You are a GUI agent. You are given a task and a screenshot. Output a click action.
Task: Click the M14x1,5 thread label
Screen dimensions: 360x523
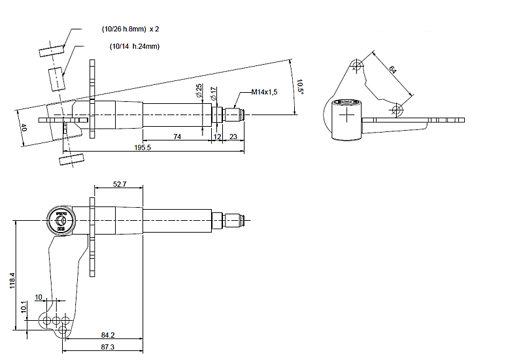(x=264, y=92)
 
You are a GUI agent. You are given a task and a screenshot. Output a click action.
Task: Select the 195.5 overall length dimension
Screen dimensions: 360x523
(x=143, y=148)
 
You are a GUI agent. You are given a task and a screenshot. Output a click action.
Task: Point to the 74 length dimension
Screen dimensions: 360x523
(x=177, y=136)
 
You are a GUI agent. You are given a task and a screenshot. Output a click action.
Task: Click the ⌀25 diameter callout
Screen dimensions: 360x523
(x=199, y=91)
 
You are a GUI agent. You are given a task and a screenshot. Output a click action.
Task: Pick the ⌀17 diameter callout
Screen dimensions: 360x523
(x=214, y=93)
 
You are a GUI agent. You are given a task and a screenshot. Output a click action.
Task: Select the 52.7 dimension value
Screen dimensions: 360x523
(x=119, y=184)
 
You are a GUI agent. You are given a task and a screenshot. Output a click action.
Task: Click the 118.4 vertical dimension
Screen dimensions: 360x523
(x=12, y=282)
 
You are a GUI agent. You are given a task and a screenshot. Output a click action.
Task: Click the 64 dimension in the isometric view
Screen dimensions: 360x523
(x=392, y=69)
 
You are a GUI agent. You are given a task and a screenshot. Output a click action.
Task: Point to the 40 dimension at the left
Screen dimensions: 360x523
(x=24, y=127)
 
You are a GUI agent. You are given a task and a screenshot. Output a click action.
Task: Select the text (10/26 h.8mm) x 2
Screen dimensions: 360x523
(x=131, y=29)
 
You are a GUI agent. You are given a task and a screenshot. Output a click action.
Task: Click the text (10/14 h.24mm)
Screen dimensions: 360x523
(x=135, y=46)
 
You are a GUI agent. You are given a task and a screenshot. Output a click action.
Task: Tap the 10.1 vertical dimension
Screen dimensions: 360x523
(x=24, y=306)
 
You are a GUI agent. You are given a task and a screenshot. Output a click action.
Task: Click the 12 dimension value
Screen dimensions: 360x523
(x=217, y=136)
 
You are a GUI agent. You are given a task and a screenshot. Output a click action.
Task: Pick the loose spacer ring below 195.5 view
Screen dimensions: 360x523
(x=71, y=159)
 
